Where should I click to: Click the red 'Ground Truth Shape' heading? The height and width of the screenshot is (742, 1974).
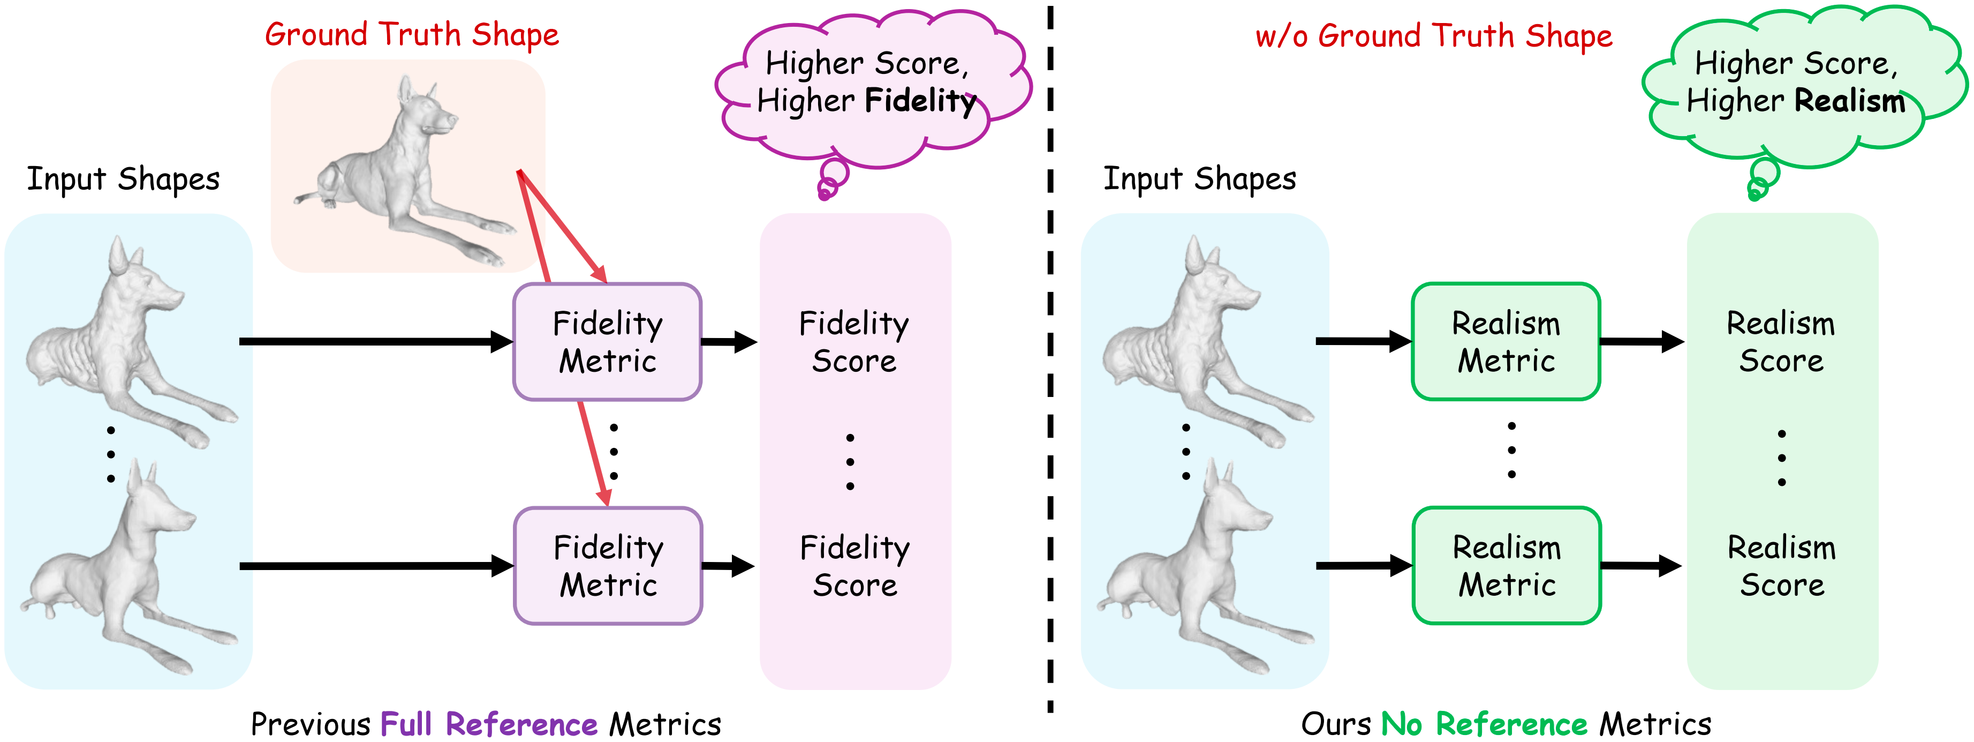pyautogui.click(x=412, y=35)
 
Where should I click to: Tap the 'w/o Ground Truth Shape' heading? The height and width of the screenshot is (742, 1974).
pyautogui.click(x=1433, y=36)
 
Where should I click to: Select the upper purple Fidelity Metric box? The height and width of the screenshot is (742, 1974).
pyautogui.click(x=607, y=342)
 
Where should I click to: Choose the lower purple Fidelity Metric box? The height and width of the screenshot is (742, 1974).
pyautogui.click(x=608, y=566)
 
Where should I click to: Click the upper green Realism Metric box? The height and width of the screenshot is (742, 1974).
pyautogui.click(x=1506, y=342)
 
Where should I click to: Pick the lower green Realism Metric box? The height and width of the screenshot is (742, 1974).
pyautogui.click(x=1507, y=566)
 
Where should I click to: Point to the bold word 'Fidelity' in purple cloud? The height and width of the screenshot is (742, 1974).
pyautogui.click(x=920, y=100)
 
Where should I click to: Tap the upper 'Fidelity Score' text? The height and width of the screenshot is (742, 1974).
pyautogui.click(x=853, y=342)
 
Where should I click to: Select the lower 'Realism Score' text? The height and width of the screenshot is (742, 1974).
pyautogui.click(x=1782, y=566)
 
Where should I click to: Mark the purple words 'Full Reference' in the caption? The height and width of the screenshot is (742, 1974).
pyautogui.click(x=488, y=724)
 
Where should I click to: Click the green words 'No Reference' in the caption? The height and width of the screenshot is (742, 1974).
pyautogui.click(x=1484, y=724)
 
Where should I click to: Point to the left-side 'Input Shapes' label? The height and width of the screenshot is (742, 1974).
pyautogui.click(x=123, y=178)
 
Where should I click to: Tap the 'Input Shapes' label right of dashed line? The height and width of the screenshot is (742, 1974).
pyautogui.click(x=1199, y=178)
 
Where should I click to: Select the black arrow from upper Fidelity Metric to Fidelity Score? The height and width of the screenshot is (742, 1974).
pyautogui.click(x=729, y=342)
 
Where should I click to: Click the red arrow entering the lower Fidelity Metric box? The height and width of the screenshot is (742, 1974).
pyautogui.click(x=594, y=456)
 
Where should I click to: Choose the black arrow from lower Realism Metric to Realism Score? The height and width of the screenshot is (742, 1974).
pyautogui.click(x=1640, y=566)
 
